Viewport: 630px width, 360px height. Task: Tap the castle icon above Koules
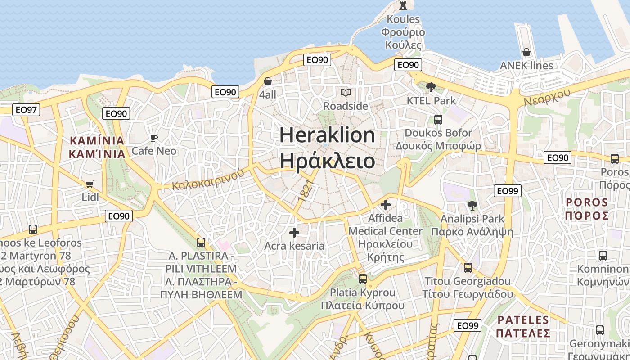click(x=403, y=6)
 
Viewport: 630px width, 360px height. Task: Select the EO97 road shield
click(x=27, y=109)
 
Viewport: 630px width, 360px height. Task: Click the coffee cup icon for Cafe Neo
click(x=154, y=138)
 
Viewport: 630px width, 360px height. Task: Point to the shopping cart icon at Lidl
click(x=90, y=184)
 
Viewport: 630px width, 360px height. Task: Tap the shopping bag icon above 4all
click(x=268, y=82)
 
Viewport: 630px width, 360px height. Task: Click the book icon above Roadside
click(x=345, y=93)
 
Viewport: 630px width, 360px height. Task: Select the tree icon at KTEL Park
click(x=431, y=87)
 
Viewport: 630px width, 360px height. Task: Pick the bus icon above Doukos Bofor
click(x=438, y=120)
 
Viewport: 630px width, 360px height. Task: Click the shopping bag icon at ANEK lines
click(x=526, y=53)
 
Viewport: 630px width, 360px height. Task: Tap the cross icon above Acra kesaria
click(x=294, y=233)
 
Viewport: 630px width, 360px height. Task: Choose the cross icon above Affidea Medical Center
click(x=386, y=205)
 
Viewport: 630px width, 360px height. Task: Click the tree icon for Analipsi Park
click(x=472, y=206)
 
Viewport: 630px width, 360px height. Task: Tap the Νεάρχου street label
click(x=547, y=97)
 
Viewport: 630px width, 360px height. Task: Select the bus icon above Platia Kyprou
click(x=363, y=279)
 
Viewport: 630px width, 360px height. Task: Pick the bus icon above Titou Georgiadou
click(x=468, y=268)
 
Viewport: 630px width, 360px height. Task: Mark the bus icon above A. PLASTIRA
click(x=201, y=243)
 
